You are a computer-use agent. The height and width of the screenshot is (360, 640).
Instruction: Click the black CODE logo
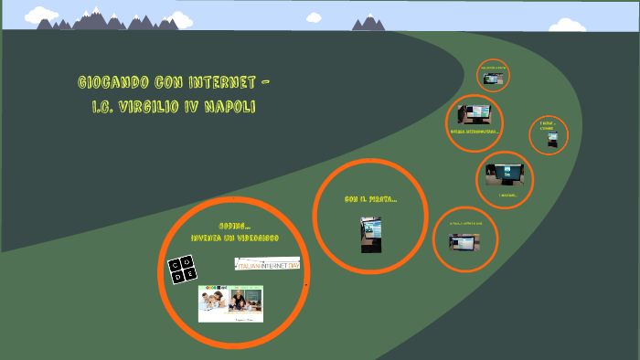(x=183, y=270)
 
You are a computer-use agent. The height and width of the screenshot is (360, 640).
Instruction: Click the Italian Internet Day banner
(x=267, y=264)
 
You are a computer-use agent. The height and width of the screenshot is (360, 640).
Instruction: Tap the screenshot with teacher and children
(x=230, y=303)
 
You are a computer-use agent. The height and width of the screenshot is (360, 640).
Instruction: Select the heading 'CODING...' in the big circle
(x=234, y=226)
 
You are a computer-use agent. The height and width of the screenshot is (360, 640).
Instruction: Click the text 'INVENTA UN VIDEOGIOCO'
(x=234, y=238)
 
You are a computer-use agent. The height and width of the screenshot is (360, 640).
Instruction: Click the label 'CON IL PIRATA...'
(x=370, y=199)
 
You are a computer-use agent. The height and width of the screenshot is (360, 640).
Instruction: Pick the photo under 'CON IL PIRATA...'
(x=370, y=234)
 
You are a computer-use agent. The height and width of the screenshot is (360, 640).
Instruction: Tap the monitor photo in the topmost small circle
(x=494, y=79)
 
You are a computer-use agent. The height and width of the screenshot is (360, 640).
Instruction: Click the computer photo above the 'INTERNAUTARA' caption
(x=475, y=115)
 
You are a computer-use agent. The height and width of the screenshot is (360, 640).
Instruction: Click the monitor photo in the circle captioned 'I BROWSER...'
(x=505, y=174)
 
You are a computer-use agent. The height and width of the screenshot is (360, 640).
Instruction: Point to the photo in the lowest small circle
(x=463, y=241)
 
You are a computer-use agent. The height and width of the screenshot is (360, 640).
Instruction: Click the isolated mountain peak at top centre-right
(x=368, y=22)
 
